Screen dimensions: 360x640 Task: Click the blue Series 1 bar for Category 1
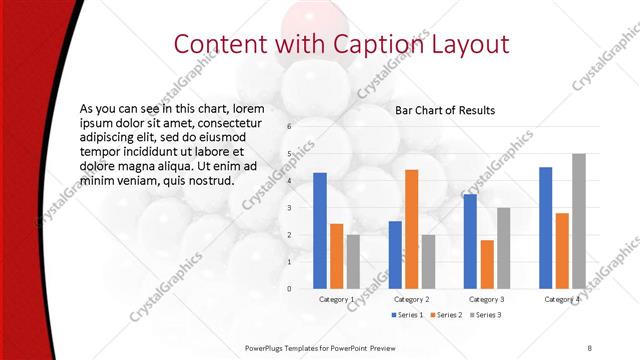pyautogui.click(x=320, y=230)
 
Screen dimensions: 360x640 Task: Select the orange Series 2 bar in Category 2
pyautogui.click(x=411, y=229)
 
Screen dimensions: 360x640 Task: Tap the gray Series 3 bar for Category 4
pyautogui.click(x=578, y=221)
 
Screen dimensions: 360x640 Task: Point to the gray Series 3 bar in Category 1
pyautogui.click(x=353, y=261)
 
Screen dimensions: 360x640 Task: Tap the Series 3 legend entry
pyautogui.click(x=486, y=315)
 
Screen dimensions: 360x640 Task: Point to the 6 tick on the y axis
pyautogui.click(x=288, y=127)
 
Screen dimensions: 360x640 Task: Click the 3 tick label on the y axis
pyautogui.click(x=288, y=208)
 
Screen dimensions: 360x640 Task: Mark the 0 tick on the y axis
pyautogui.click(x=288, y=289)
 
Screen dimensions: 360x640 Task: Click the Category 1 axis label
pyautogui.click(x=336, y=299)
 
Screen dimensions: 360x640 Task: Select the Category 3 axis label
pyautogui.click(x=487, y=299)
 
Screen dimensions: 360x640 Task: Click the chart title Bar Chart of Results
pyautogui.click(x=445, y=110)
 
